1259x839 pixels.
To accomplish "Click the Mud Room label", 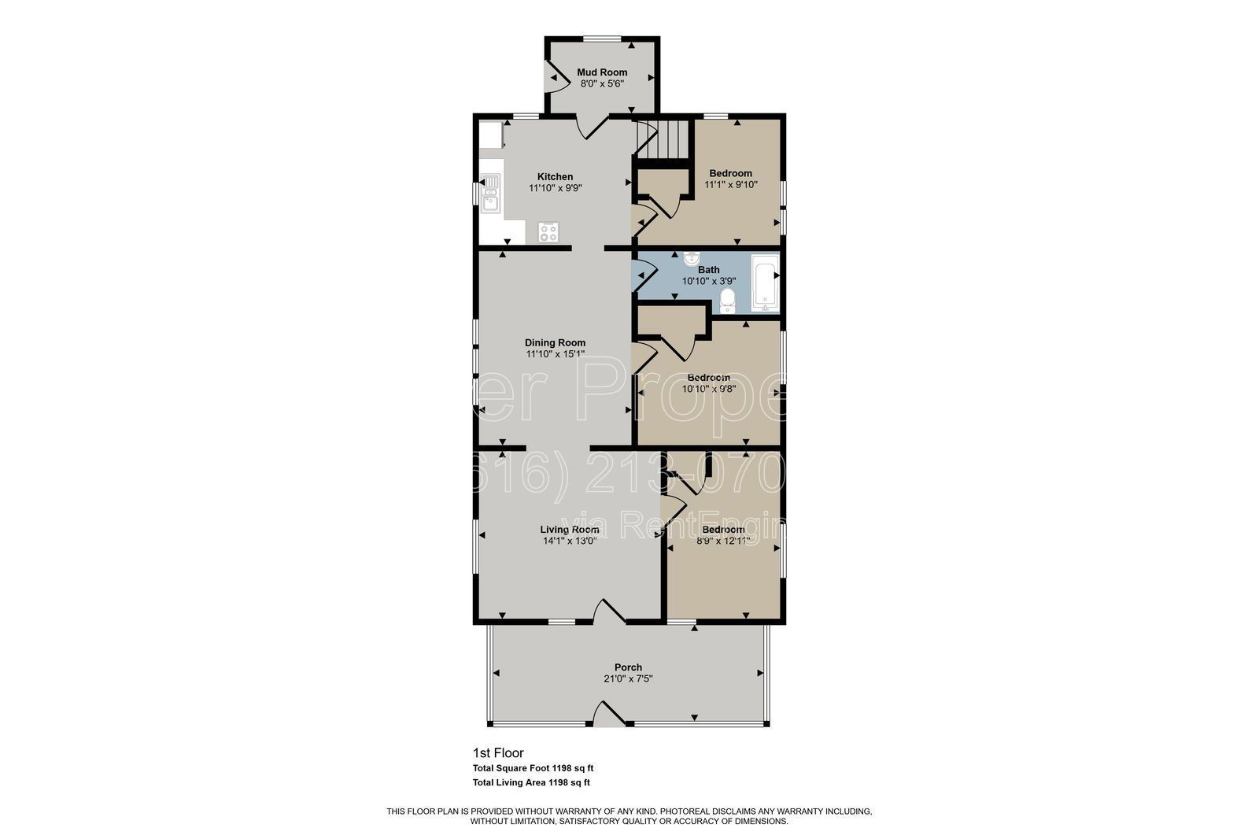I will click(x=602, y=72).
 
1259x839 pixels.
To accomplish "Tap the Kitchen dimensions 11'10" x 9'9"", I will click(x=555, y=188).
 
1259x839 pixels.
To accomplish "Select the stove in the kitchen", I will click(x=548, y=231).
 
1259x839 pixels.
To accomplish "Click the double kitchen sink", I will click(x=490, y=194).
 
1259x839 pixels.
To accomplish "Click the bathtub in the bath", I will click(x=765, y=283).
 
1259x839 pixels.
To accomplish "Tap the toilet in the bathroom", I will click(x=728, y=299).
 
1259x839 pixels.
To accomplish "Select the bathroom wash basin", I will click(x=692, y=258).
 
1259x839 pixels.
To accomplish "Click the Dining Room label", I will click(x=555, y=342).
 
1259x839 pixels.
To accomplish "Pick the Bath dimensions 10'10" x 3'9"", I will click(x=708, y=281).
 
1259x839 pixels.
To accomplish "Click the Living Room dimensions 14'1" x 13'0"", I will click(x=570, y=541).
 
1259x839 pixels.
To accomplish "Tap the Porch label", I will click(x=628, y=667).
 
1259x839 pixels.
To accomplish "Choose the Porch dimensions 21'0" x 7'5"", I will click(x=628, y=678).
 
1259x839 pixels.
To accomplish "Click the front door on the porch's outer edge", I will click(x=608, y=716).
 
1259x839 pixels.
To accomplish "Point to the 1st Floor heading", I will click(x=498, y=753).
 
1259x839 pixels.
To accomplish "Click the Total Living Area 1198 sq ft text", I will click(x=531, y=782).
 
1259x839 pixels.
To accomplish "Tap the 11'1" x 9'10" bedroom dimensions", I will click(x=730, y=185).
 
